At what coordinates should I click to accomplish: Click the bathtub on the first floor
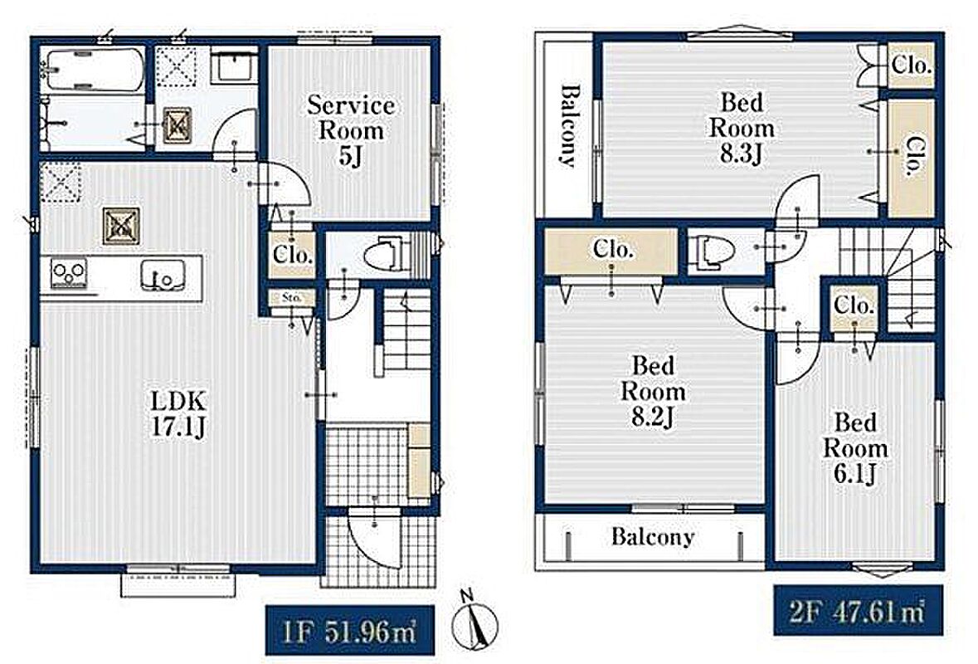[95, 69]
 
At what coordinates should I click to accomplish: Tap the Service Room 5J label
[351, 130]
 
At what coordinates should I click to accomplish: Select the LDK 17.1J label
[178, 413]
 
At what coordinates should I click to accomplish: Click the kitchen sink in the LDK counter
[163, 276]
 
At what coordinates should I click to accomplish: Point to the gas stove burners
[69, 273]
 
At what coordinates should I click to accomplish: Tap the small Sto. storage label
[291, 298]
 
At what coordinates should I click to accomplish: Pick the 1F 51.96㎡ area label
[349, 630]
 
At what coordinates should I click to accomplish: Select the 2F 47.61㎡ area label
[857, 611]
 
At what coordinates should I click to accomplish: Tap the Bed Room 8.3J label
[742, 128]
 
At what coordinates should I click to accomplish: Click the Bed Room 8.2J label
[653, 391]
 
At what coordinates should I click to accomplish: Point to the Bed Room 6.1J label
[856, 448]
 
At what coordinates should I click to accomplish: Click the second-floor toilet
[713, 251]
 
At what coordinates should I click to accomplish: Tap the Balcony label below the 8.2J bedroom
[653, 536]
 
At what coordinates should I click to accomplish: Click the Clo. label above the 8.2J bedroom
[613, 250]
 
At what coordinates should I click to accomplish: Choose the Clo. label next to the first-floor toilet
[293, 255]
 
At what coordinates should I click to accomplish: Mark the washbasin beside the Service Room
[232, 66]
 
